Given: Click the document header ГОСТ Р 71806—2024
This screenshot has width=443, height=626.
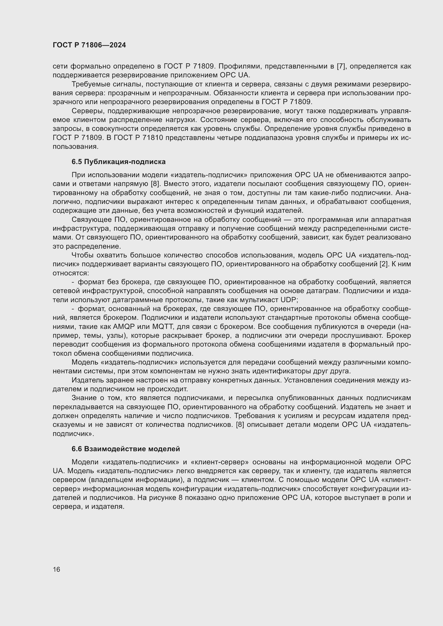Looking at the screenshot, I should [89, 45].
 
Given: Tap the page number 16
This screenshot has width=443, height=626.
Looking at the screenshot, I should [57, 569].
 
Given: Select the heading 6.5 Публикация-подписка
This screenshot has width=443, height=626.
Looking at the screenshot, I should [118, 162].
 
